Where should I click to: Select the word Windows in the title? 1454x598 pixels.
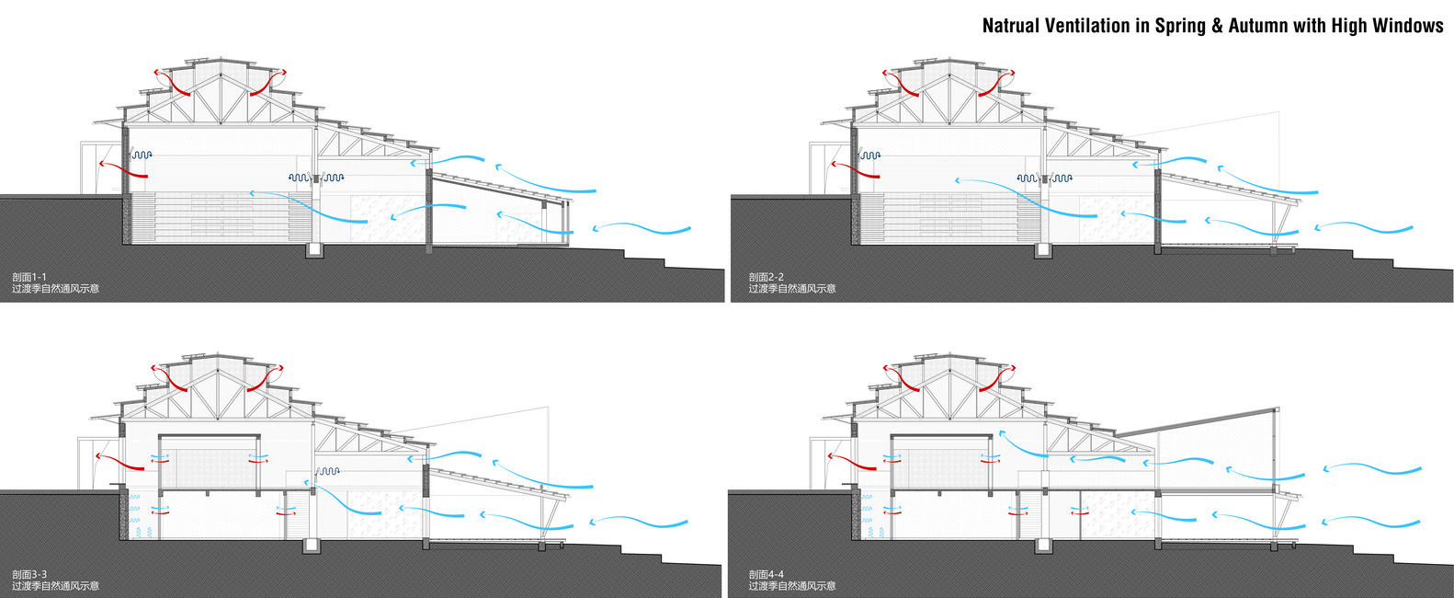pos(1408,26)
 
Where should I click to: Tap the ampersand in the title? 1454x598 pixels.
pos(1217,26)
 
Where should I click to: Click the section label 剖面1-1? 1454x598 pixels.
pos(29,277)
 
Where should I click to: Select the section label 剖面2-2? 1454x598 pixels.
pos(766,277)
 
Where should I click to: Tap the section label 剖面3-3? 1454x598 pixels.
pos(29,574)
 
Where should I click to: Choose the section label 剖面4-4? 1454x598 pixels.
pos(766,574)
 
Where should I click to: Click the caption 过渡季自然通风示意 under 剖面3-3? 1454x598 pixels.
pos(55,586)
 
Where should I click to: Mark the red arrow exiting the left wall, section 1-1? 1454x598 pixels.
pos(112,168)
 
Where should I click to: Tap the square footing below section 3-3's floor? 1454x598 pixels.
pos(312,546)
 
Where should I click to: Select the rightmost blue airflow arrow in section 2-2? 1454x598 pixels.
pos(1364,228)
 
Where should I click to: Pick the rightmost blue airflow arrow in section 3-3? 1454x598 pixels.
pos(638,524)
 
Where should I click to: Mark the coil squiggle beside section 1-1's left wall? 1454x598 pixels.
pos(141,155)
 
